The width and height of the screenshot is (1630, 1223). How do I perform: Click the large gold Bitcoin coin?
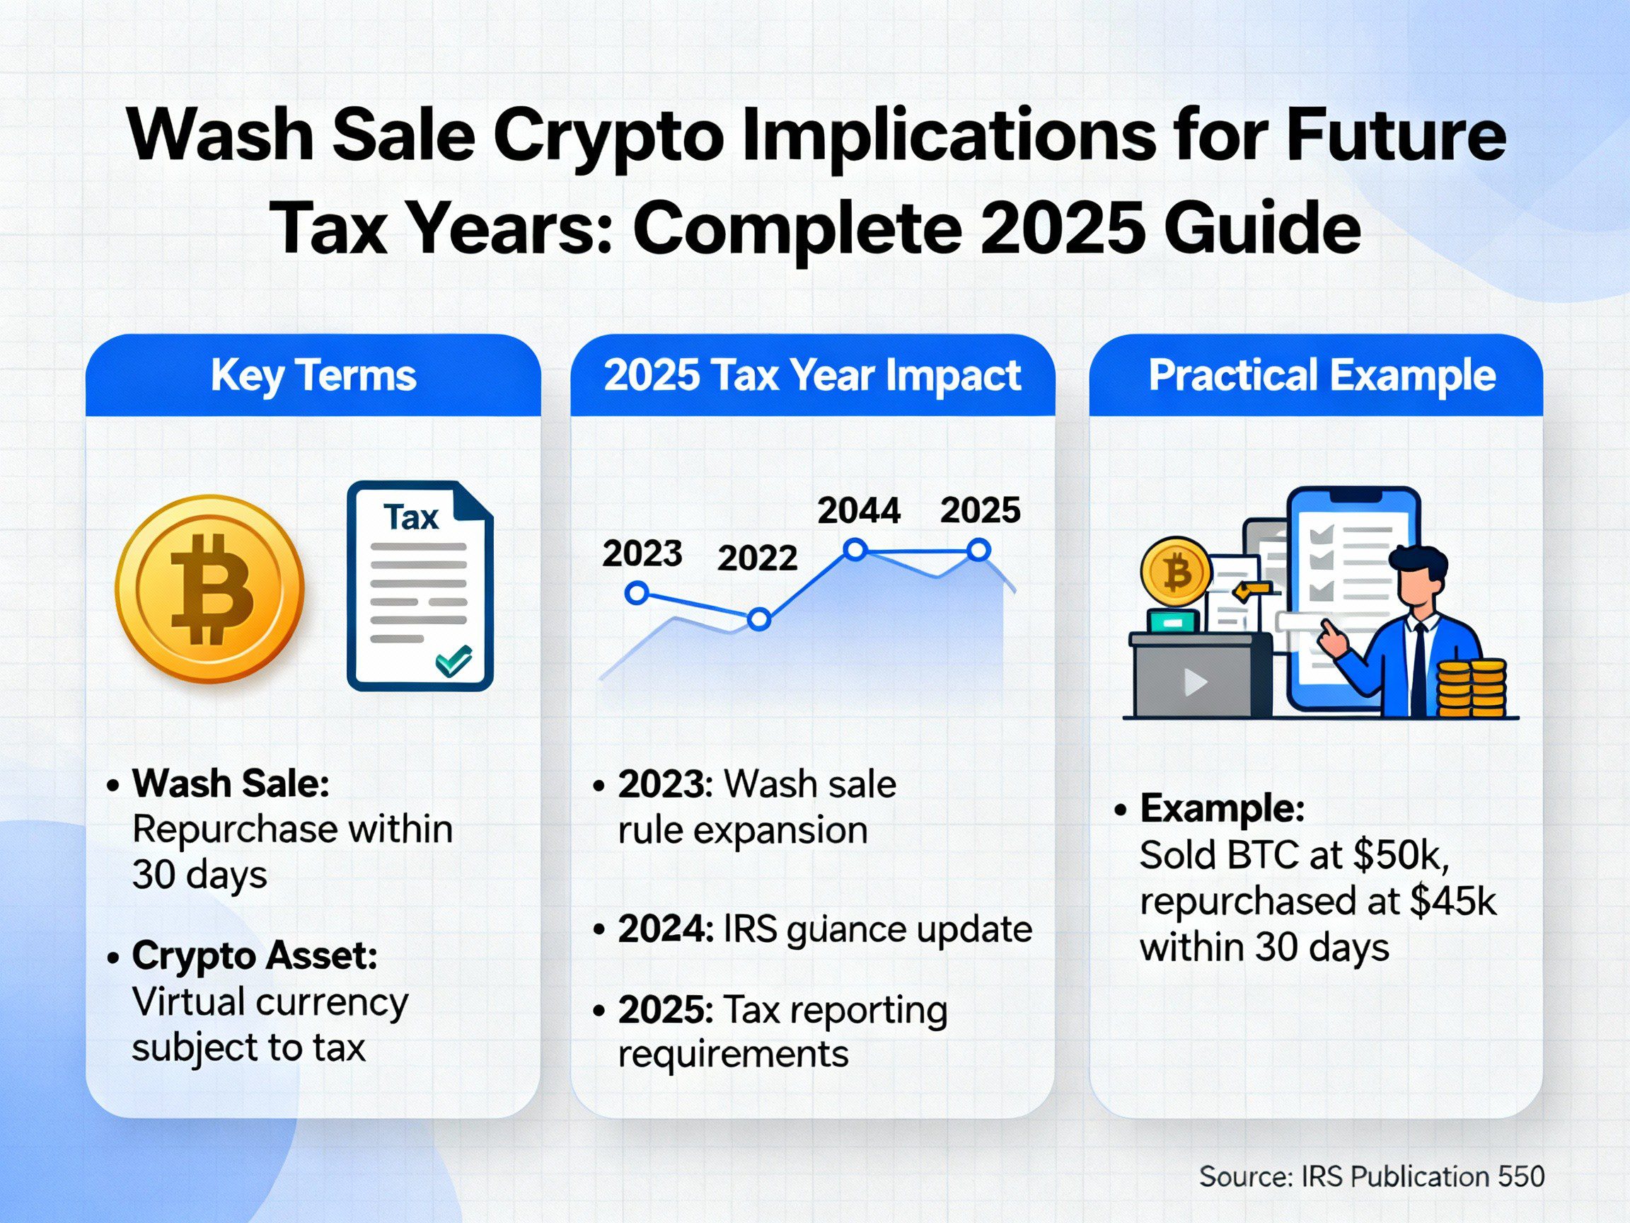[x=209, y=589]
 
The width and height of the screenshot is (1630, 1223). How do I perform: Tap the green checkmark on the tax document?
[x=453, y=660]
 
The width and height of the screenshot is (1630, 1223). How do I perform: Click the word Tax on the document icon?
[x=410, y=517]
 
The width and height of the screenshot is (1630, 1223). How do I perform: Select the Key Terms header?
[x=313, y=375]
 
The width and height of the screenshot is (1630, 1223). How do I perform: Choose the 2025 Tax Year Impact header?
[x=812, y=375]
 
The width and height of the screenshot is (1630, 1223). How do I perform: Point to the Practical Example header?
[x=1322, y=375]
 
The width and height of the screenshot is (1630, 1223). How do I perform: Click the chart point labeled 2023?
[x=637, y=592]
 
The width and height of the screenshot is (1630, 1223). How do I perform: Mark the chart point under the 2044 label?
[x=855, y=549]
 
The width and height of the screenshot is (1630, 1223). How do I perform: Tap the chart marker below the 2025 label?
[x=978, y=549]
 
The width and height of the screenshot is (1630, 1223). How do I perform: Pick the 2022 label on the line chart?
[x=757, y=558]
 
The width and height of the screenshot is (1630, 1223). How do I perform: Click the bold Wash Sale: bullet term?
[x=231, y=783]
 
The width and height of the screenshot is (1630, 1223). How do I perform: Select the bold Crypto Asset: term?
[x=255, y=956]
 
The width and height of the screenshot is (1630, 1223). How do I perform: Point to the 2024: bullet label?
[x=666, y=929]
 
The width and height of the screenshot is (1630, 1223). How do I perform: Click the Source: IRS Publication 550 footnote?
[x=1371, y=1176]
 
